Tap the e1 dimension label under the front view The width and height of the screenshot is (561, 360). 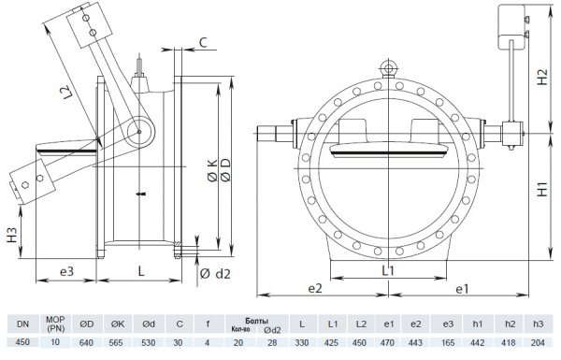[x=461, y=290]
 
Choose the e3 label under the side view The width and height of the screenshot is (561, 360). [x=66, y=271]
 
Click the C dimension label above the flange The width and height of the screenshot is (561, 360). [x=204, y=42]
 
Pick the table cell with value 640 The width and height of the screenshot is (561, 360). [x=87, y=343]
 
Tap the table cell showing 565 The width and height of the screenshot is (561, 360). [x=118, y=343]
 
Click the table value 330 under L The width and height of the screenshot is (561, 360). [x=302, y=343]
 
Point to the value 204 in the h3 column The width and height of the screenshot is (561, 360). [x=538, y=343]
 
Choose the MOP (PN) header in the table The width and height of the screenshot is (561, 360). [x=55, y=324]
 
